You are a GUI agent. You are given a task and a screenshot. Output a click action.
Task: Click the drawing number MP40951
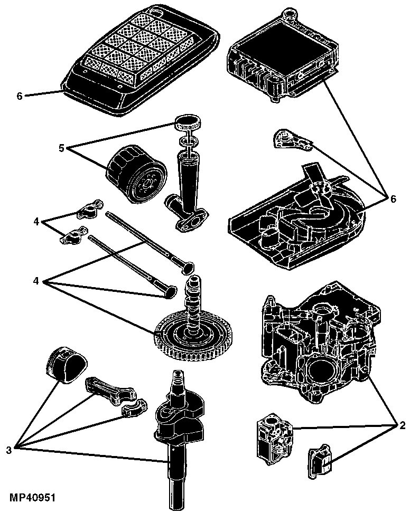(x=32, y=498)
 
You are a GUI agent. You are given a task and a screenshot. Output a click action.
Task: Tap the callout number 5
(x=62, y=148)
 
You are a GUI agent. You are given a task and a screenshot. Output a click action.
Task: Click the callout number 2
(x=402, y=425)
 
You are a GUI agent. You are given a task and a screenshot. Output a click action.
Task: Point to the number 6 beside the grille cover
(x=20, y=96)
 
